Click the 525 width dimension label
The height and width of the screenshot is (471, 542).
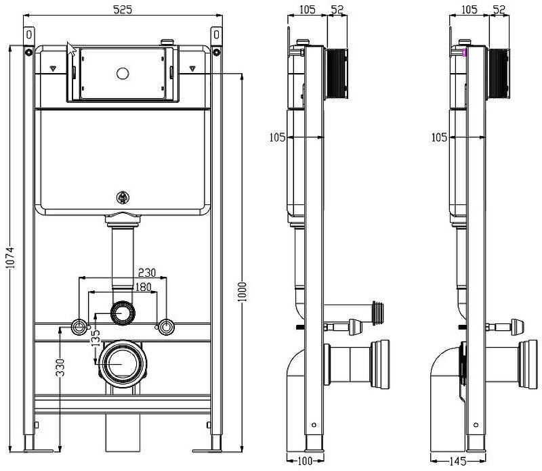click(122, 9)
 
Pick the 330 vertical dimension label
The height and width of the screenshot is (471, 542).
click(60, 367)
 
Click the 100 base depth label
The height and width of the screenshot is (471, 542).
click(307, 462)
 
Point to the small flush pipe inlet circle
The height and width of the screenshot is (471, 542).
click(122, 313)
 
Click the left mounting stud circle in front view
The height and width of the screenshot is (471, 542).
click(79, 328)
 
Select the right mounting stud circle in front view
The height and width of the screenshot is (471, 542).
click(165, 328)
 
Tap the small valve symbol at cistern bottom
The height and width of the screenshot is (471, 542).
click(123, 198)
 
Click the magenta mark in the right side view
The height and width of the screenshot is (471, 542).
click(465, 52)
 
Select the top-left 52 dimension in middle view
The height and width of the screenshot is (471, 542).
click(337, 9)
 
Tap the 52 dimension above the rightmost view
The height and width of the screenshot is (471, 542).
click(499, 9)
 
